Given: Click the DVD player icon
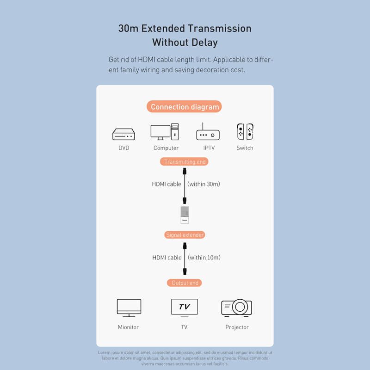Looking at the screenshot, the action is (x=123, y=134).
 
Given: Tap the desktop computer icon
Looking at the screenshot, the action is (x=165, y=132).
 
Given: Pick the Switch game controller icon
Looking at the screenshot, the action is (x=245, y=131).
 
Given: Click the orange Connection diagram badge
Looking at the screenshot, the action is (x=184, y=107).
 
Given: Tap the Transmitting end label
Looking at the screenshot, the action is (x=184, y=161).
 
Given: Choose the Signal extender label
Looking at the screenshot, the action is (x=185, y=235).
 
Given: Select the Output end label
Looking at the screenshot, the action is (x=185, y=283).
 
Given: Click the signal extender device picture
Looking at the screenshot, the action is (x=185, y=215).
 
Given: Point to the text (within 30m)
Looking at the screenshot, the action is (x=203, y=184).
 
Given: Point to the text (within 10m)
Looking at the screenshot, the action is (x=204, y=258).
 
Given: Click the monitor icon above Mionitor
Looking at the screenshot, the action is (x=129, y=308).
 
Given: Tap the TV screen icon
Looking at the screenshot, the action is (x=185, y=308).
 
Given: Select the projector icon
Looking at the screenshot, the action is (x=237, y=308).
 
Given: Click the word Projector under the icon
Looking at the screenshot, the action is (x=237, y=327).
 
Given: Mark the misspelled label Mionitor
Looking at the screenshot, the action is (x=129, y=327).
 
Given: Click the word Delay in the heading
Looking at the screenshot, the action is (x=205, y=43).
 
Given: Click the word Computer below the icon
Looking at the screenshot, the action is (x=166, y=148).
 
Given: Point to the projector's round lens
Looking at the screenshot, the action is (x=240, y=307).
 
